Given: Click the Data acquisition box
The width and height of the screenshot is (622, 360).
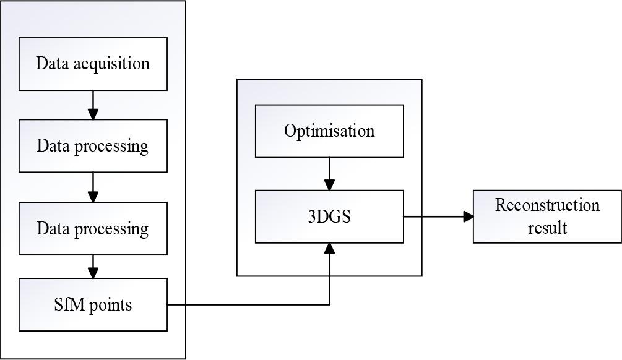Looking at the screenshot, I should click(x=93, y=64).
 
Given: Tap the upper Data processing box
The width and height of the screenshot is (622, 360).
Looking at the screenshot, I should click(x=93, y=146).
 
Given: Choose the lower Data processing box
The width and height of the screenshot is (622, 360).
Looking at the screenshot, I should click(x=93, y=228).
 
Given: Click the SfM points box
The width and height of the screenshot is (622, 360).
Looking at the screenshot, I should click(x=93, y=304).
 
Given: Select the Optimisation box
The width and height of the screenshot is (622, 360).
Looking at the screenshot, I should click(x=329, y=131).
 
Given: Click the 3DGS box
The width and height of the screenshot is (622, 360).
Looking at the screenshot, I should click(x=329, y=216).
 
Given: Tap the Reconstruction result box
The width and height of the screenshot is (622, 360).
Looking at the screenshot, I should click(x=547, y=216).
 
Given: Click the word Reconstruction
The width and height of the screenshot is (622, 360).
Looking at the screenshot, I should click(x=547, y=205).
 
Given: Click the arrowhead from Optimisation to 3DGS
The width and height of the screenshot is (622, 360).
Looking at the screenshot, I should click(x=329, y=185).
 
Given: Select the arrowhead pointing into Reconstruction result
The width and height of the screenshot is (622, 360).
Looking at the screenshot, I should click(x=469, y=216).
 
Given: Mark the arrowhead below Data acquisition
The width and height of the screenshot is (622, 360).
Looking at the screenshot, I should click(x=93, y=114).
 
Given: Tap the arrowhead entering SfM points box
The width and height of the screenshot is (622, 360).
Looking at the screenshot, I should click(x=93, y=273).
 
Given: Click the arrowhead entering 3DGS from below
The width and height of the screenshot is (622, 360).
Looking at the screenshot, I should click(x=329, y=247).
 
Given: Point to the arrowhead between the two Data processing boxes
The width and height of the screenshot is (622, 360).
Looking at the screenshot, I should click(x=93, y=197).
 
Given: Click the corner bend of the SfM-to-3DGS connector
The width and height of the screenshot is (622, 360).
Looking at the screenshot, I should click(x=329, y=304).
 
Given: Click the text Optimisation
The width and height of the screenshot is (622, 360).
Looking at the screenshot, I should click(x=329, y=131).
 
